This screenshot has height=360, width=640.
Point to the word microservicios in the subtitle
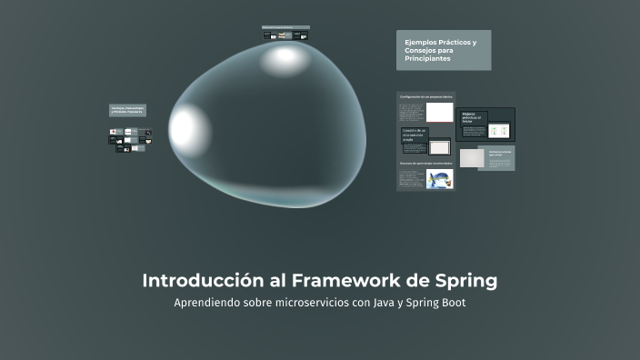point(305,303)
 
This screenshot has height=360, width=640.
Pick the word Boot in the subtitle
point(452,303)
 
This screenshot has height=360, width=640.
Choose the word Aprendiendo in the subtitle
point(206,303)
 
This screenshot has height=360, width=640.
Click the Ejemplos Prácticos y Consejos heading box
point(443,50)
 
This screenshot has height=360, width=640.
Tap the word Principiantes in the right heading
point(427,59)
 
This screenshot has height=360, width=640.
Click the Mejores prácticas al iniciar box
point(473,116)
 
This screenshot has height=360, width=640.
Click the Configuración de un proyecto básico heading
point(425,96)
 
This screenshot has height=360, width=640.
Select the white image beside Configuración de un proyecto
point(440,112)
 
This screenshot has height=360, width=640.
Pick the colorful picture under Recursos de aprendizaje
point(440,178)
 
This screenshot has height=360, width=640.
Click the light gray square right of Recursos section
point(471,158)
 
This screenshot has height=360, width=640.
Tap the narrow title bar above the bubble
point(285,27)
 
